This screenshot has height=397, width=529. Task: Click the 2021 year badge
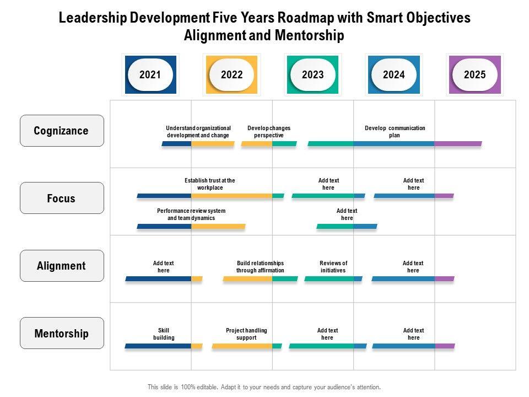click(150, 74)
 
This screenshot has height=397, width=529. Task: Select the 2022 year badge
click(231, 74)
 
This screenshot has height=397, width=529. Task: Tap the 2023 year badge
click(313, 74)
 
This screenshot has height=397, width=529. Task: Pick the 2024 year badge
click(393, 74)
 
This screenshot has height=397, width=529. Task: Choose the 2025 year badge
click(474, 74)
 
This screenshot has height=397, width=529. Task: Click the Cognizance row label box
click(61, 131)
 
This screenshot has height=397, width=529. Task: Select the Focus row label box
click(61, 198)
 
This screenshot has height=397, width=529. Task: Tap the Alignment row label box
click(61, 266)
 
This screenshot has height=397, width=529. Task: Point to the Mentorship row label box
click(61, 333)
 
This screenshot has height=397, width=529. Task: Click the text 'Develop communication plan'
click(395, 132)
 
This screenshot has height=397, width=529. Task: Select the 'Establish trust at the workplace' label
click(209, 184)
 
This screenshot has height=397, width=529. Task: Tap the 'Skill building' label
click(164, 334)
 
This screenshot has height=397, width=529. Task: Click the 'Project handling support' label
click(246, 334)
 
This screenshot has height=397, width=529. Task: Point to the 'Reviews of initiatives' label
click(333, 267)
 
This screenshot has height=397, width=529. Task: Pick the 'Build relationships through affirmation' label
click(260, 267)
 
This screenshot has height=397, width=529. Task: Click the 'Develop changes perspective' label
click(269, 132)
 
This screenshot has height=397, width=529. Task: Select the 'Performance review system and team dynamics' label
click(191, 214)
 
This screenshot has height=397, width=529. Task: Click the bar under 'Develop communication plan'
click(395, 144)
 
